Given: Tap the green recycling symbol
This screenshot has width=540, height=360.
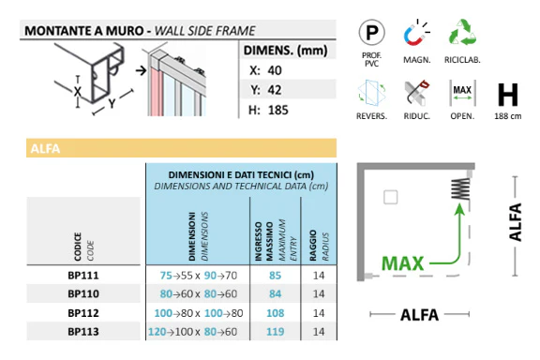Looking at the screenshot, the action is tap(462, 33).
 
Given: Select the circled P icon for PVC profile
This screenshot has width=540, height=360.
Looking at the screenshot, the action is tap(371, 33).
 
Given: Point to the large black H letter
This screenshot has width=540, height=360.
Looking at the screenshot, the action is tap(507, 95).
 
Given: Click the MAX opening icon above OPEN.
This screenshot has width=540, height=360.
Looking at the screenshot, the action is tap(462, 93).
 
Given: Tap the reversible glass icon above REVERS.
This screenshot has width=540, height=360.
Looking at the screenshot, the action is tap(371, 93).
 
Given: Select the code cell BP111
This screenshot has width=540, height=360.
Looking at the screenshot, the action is tap(83, 276).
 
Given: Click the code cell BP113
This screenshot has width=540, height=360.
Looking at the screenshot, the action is tap(83, 332).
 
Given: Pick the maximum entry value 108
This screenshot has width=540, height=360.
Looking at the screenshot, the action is tap(276, 313).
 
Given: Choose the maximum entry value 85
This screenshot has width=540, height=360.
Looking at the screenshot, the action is tap(276, 276).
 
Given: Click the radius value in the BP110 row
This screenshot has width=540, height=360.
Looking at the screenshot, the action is tap(319, 293).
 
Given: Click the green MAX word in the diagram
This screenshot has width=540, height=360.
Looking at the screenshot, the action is tap(402, 263).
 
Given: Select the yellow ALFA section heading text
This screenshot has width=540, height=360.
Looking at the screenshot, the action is tap(45, 148).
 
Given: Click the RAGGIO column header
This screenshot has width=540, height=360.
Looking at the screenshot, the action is tap(313, 246).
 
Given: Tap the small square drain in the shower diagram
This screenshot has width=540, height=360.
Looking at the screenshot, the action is tap(391, 197).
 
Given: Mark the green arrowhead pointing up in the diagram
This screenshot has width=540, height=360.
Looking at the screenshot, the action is tap(459, 209).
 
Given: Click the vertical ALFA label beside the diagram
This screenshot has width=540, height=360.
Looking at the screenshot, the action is tap(516, 222).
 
